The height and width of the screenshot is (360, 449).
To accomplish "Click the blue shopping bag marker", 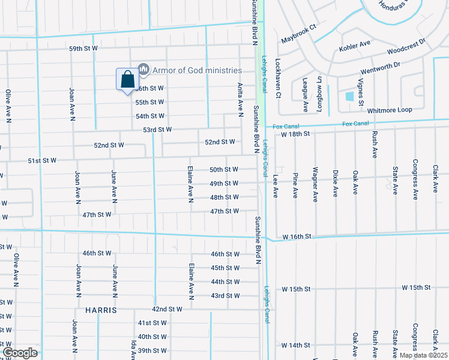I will pyautogui.click(x=127, y=79).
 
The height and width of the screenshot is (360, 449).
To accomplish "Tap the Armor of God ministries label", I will pyautogui.click(x=197, y=70).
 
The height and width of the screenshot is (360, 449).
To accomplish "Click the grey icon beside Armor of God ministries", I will pyautogui.click(x=143, y=70).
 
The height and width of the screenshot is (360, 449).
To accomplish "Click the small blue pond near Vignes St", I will pyautogui.click(x=350, y=96).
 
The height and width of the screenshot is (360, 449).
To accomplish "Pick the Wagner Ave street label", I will pyautogui.click(x=315, y=185).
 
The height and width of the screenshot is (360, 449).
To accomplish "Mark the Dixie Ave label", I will pyautogui.click(x=335, y=184).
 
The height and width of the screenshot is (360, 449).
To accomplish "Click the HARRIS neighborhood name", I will pyautogui.click(x=100, y=311).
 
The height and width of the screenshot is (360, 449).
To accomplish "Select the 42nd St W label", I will pyautogui.click(x=167, y=309).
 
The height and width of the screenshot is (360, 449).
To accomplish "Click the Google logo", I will pyautogui.click(x=20, y=353).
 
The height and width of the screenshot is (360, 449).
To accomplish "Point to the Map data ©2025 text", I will pyautogui.click(x=424, y=355).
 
